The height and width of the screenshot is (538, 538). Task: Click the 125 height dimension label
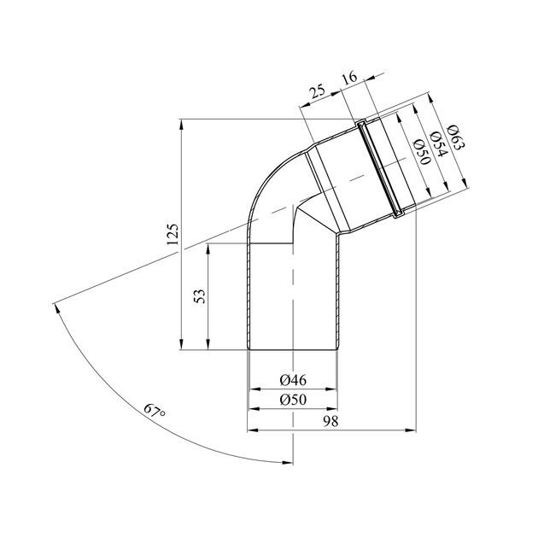tap(173, 234)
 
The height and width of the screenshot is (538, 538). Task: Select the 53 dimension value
tap(199, 296)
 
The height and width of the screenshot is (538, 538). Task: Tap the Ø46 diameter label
tap(293, 380)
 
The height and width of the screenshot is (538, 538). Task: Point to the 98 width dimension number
tap(330, 421)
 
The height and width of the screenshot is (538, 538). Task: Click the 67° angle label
tap(155, 410)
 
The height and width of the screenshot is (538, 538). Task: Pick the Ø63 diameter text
tap(456, 137)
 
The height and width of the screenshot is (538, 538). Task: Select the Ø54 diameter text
tap(439, 143)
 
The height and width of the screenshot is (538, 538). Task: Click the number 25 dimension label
tap(318, 92)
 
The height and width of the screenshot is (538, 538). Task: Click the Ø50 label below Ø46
tap(293, 400)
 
